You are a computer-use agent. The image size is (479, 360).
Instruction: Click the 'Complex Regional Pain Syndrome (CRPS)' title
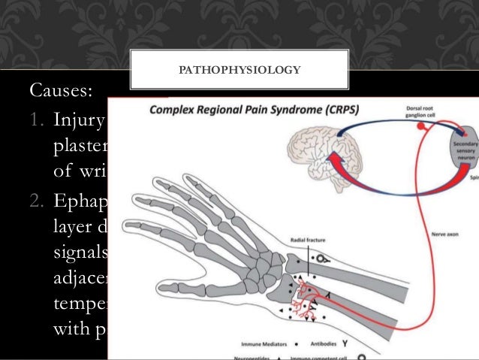point(253,110)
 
